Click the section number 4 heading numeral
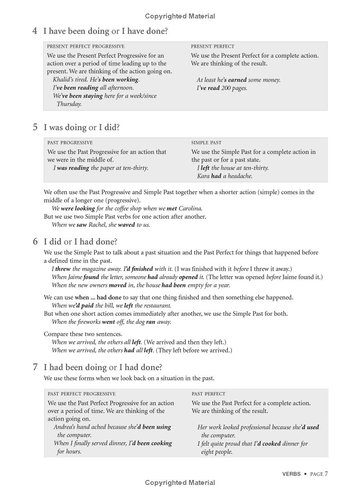(35, 31)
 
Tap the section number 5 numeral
(35, 127)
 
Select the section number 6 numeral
(35, 241)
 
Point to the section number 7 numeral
(35, 367)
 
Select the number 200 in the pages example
(226, 88)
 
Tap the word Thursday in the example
(69, 104)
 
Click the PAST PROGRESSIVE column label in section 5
(70, 143)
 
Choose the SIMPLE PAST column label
(206, 143)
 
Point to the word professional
(252, 427)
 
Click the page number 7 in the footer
(326, 474)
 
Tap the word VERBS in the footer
(291, 474)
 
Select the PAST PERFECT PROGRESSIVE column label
(81, 394)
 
